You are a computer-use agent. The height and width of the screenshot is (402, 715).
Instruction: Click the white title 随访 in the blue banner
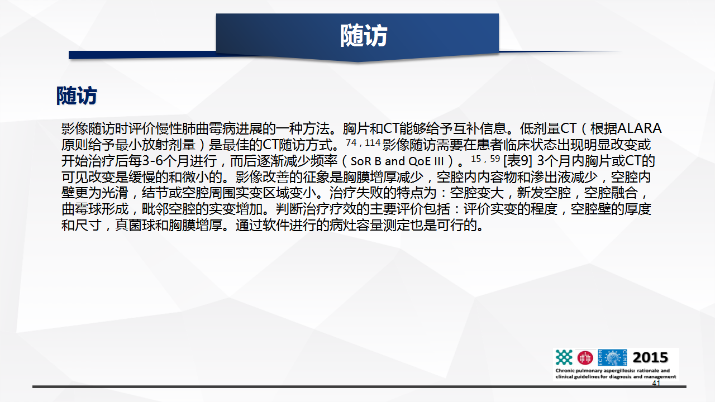tap(364, 36)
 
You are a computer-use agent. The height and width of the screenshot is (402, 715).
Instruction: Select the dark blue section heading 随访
tap(77, 95)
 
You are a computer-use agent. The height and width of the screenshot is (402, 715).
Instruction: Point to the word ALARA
tap(640, 128)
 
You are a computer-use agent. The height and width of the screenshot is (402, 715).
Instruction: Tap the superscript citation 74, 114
tap(363, 142)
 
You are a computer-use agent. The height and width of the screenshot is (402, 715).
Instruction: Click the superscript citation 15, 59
tap(485, 159)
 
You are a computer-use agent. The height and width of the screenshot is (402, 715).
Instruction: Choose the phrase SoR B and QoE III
tap(397, 161)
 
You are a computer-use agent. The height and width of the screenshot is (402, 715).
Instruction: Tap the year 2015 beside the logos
tap(650, 357)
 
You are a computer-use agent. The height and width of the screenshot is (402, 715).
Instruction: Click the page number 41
tap(656, 383)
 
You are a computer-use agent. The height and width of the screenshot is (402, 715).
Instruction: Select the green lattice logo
tap(564, 357)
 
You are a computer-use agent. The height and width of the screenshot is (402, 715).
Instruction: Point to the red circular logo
tap(585, 358)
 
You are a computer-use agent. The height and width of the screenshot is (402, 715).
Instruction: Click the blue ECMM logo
tap(612, 357)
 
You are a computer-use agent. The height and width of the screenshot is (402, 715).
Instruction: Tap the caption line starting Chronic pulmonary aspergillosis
tap(613, 371)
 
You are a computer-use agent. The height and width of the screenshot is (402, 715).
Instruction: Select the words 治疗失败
tap(356, 193)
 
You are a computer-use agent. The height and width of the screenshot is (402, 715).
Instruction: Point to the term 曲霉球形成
tap(95, 209)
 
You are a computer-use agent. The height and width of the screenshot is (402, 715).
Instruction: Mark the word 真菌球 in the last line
tap(135, 225)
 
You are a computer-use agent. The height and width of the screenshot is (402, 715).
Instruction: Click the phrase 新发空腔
tap(544, 193)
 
